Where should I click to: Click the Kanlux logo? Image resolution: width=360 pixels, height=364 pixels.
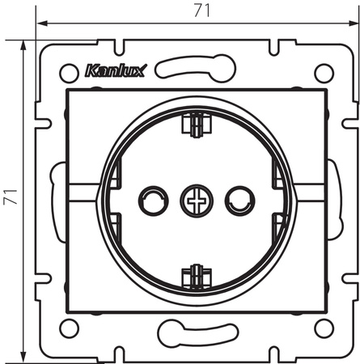click(116, 71)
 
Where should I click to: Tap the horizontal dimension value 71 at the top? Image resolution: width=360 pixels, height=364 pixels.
click(202, 11)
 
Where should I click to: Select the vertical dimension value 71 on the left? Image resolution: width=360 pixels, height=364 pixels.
click(11, 197)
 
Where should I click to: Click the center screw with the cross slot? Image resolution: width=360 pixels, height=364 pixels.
click(197, 201)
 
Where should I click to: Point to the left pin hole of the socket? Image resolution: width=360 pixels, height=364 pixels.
click(154, 201)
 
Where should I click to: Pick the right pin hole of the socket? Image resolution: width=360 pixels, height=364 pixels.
click(239, 201)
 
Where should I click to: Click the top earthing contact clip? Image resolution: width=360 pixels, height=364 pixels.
click(197, 125)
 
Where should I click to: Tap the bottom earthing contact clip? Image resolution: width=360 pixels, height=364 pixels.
click(197, 277)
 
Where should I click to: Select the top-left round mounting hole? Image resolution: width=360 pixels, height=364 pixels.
click(69, 73)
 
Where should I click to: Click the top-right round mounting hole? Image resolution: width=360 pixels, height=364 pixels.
click(324, 73)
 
